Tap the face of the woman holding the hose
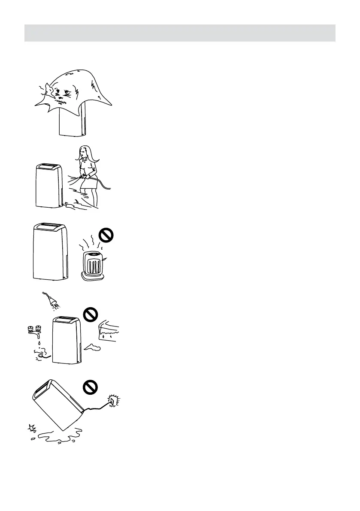pos(82,154)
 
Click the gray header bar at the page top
pos(180,33)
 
